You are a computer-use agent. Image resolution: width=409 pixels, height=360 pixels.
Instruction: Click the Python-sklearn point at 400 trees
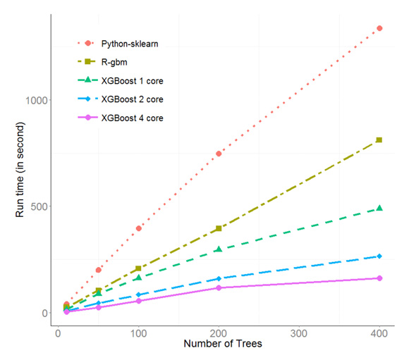(379, 28)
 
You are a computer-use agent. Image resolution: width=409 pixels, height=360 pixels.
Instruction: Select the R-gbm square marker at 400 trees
(379, 140)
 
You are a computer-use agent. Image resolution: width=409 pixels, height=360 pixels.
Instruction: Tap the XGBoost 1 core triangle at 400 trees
(379, 208)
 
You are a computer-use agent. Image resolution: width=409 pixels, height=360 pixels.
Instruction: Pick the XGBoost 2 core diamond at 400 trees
(379, 256)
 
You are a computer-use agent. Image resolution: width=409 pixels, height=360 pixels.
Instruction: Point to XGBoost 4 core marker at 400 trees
(379, 278)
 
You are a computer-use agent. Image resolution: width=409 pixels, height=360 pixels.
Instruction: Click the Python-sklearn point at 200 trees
(219, 154)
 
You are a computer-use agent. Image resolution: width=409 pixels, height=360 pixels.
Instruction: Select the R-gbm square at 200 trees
(219, 228)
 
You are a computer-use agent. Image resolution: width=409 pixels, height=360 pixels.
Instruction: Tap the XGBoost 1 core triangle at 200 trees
(219, 249)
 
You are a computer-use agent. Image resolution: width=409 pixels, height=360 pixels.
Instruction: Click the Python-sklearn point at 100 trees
(139, 228)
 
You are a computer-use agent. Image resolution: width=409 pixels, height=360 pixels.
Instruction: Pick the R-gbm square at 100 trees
(138, 268)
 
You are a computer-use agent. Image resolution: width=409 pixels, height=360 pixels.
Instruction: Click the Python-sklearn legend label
(130, 44)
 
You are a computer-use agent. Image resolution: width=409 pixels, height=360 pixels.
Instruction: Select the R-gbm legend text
(114, 62)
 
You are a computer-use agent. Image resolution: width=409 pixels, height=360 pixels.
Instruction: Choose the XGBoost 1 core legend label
(133, 81)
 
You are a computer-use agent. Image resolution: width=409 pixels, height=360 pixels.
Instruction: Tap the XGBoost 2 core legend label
(133, 99)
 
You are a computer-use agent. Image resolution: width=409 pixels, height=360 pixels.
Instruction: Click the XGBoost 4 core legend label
(133, 118)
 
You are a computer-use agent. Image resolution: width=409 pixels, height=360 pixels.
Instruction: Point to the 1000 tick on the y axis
(37, 100)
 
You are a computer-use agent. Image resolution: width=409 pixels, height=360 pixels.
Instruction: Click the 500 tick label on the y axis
(39, 206)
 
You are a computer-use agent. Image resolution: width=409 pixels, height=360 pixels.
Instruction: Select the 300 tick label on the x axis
(299, 333)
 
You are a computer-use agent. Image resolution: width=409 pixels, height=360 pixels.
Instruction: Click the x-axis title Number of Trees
(223, 344)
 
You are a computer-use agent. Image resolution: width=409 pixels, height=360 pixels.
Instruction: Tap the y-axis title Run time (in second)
(20, 170)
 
